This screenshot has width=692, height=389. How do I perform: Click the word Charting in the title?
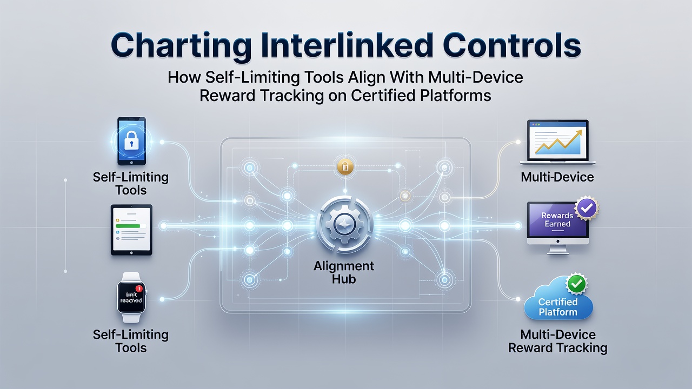[x=181, y=46]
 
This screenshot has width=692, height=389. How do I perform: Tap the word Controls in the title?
[x=511, y=46]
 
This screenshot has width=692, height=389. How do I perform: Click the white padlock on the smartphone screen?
[x=131, y=140]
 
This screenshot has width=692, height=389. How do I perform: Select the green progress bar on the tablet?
[x=128, y=226]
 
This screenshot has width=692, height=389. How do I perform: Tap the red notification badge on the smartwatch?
[x=139, y=289]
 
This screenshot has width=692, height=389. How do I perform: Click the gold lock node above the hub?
[x=345, y=167]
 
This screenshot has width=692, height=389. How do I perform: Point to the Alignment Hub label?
[x=344, y=272]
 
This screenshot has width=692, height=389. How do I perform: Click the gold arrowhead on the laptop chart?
[x=579, y=132]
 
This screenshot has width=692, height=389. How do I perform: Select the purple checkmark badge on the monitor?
[x=587, y=208]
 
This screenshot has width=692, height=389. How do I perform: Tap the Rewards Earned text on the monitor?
[x=557, y=219]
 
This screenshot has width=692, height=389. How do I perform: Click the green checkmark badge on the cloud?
[x=576, y=284]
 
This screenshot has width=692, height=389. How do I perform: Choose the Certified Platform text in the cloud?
[x=558, y=307]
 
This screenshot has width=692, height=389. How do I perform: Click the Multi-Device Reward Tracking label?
[x=558, y=341]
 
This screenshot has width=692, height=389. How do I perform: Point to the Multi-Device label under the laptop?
[x=557, y=177]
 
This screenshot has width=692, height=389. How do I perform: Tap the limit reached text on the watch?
[x=131, y=297]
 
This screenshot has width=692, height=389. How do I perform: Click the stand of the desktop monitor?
[x=558, y=250]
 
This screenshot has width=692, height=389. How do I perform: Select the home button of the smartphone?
[x=131, y=163]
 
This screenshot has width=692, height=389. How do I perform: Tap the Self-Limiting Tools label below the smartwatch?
[x=131, y=341]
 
